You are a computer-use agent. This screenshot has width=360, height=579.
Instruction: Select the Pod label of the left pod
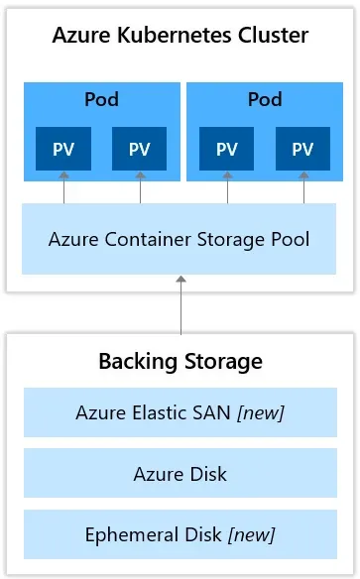tap(101, 99)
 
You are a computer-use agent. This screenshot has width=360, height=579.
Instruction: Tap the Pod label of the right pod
tap(265, 99)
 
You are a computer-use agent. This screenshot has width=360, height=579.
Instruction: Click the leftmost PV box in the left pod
tap(63, 149)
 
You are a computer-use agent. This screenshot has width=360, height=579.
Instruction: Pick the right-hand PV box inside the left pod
tap(140, 149)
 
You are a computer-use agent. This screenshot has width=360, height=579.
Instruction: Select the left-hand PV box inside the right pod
tap(227, 149)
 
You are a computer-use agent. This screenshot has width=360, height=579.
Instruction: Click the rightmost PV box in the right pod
tap(303, 149)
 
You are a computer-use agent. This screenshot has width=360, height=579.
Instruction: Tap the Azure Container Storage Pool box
tap(180, 239)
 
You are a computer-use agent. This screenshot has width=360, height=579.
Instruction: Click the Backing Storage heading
tap(180, 361)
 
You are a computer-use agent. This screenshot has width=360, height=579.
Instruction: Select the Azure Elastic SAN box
tap(180, 412)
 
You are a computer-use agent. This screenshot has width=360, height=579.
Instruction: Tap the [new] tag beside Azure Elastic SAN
tap(261, 412)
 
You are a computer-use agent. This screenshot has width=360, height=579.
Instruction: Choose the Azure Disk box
tap(180, 474)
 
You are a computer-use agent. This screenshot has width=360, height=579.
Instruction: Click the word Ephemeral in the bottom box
tap(126, 535)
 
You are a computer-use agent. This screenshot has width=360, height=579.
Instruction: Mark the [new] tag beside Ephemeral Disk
tap(251, 535)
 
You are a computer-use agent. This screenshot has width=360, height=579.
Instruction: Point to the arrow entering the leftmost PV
tap(63, 187)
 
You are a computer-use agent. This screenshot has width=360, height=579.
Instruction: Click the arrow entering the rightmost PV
tap(303, 187)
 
